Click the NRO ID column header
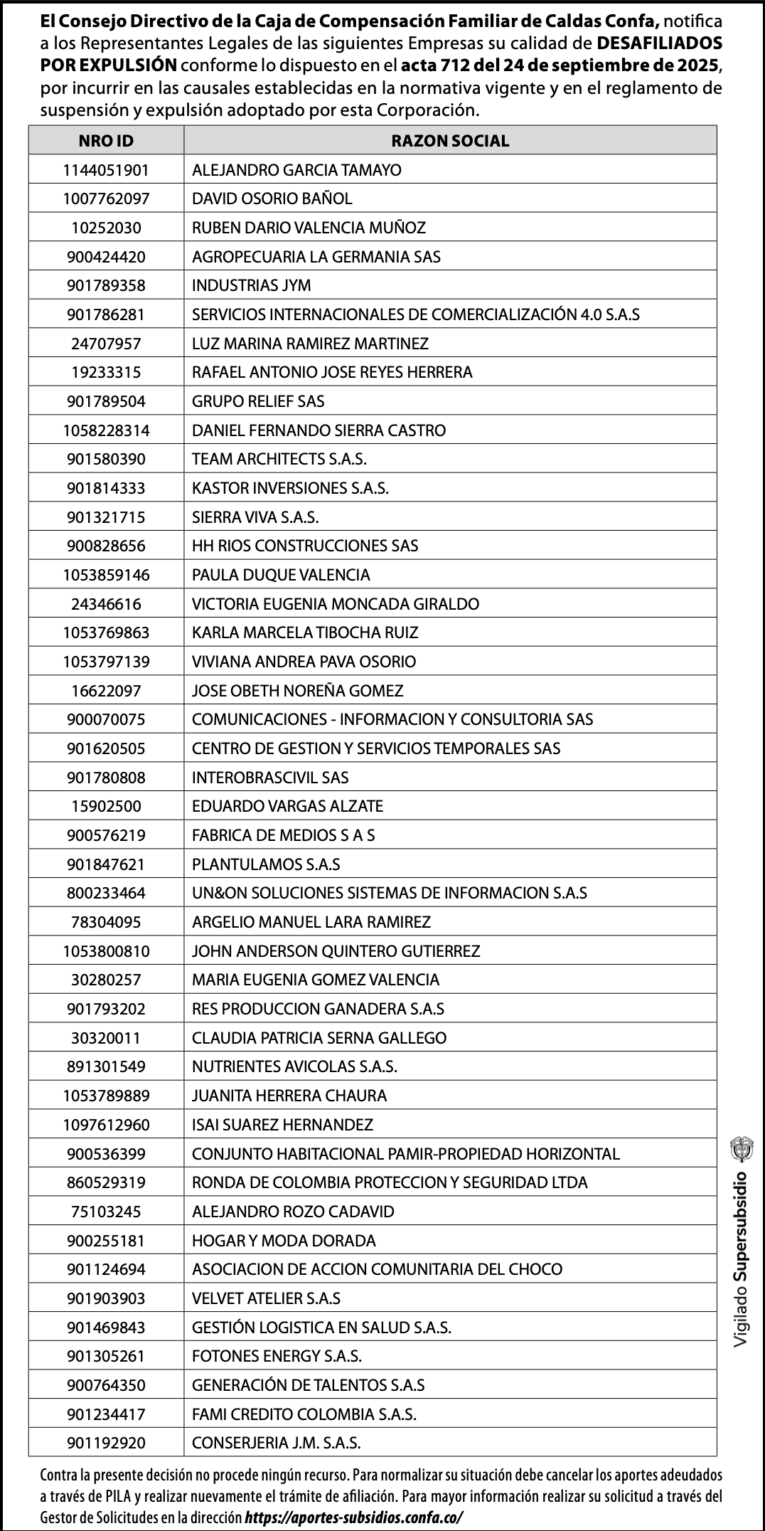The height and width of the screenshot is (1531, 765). [106, 141]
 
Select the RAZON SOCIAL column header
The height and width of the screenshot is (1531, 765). [450, 141]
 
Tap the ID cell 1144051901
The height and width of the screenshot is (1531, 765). [106, 170]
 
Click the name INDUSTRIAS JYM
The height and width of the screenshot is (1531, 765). [252, 285]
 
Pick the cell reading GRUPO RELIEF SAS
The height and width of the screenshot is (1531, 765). [258, 401]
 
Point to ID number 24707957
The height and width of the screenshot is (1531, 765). [106, 344]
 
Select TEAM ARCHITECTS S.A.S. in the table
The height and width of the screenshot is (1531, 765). [279, 459]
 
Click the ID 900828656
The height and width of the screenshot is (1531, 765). [106, 546]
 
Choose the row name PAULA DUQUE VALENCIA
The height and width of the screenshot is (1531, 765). [281, 575]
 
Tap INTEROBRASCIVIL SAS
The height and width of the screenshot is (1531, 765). [270, 778]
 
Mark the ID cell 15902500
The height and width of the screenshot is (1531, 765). [106, 806]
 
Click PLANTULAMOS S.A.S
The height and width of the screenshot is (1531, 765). [266, 864]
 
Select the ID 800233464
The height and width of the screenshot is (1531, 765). [106, 893]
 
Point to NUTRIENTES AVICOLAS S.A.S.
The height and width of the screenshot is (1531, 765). [294, 1066]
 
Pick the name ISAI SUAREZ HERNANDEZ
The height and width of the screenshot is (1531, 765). [282, 1125]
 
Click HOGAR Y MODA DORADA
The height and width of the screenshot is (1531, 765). [284, 1241]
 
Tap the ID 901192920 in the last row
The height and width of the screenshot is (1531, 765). [106, 1443]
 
